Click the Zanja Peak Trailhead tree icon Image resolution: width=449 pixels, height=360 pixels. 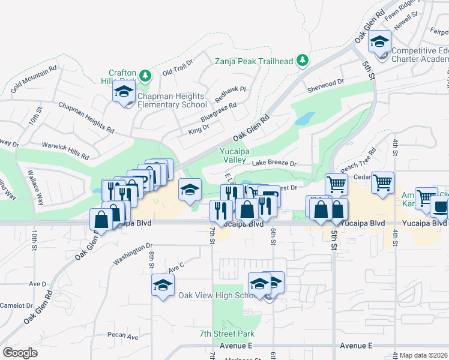(x=304, y=60)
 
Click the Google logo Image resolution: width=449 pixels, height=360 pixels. (x=20, y=353)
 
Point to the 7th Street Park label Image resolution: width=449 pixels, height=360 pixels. (x=227, y=334)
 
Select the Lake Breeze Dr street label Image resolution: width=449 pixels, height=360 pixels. (x=274, y=163)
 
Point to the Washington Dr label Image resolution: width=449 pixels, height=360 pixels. (x=133, y=254)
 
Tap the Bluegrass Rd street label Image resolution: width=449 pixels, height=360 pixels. (x=218, y=108)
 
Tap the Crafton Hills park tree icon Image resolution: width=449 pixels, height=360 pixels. (x=145, y=76)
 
